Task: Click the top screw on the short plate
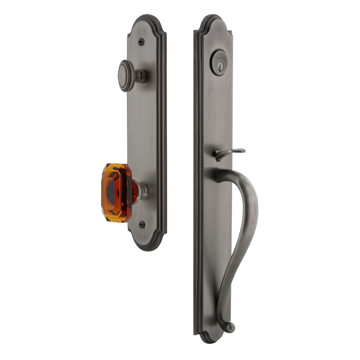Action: (x=141, y=42)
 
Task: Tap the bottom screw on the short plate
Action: (x=142, y=224)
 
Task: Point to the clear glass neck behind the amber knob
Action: (x=140, y=190)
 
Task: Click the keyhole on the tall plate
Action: (x=219, y=63)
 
